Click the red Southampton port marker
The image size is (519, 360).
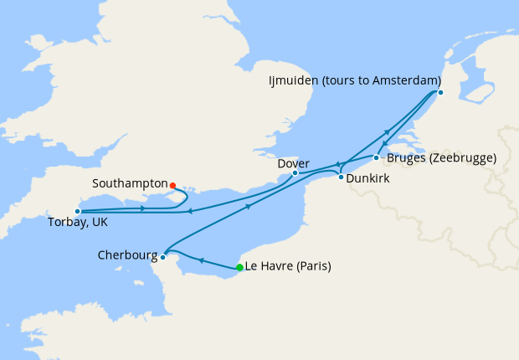[x=172, y=185]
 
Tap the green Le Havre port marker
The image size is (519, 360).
[x=240, y=268]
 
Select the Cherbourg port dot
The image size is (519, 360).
[x=164, y=257]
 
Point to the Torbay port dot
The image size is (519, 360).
[x=77, y=212]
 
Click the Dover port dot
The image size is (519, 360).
[x=295, y=173]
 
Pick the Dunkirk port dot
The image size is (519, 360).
[x=341, y=177]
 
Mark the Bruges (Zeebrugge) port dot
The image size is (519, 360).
[x=376, y=157]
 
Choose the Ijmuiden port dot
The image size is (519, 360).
[x=440, y=92]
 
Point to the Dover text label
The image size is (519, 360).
[x=294, y=163]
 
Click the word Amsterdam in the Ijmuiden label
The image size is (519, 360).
[x=407, y=80]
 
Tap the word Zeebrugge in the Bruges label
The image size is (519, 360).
[x=460, y=157]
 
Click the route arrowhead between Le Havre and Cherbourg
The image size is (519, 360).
[x=202, y=260]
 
